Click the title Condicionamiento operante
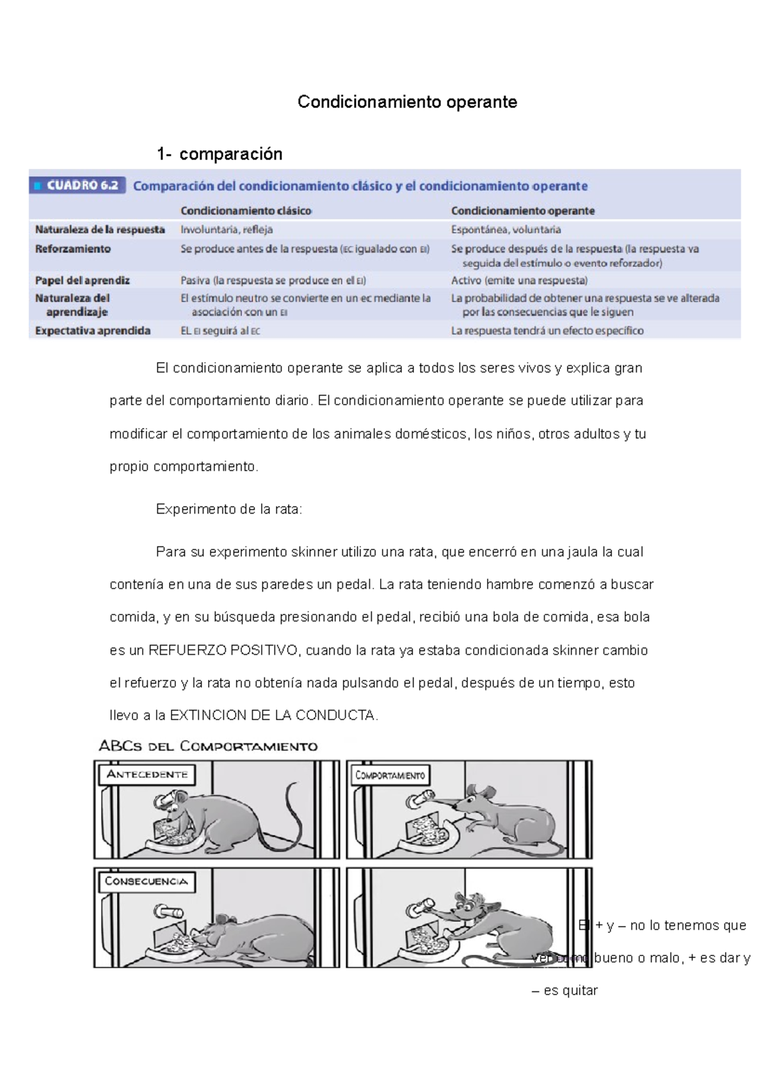tap(407, 102)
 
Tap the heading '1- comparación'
tap(220, 154)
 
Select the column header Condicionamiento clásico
tap(246, 211)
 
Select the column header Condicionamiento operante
tap(522, 211)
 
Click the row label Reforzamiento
tap(73, 249)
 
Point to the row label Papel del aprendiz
tap(83, 280)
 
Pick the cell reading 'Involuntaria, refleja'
tap(227, 230)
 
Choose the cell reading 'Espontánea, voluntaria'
tap(506, 230)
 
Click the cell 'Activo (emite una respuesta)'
tap(519, 280)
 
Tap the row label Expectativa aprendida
tap(93, 331)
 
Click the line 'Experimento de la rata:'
tap(228, 510)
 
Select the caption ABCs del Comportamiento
tap(208, 746)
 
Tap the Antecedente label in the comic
tap(147, 775)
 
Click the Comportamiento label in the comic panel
tap(390, 776)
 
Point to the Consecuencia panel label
tap(146, 881)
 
